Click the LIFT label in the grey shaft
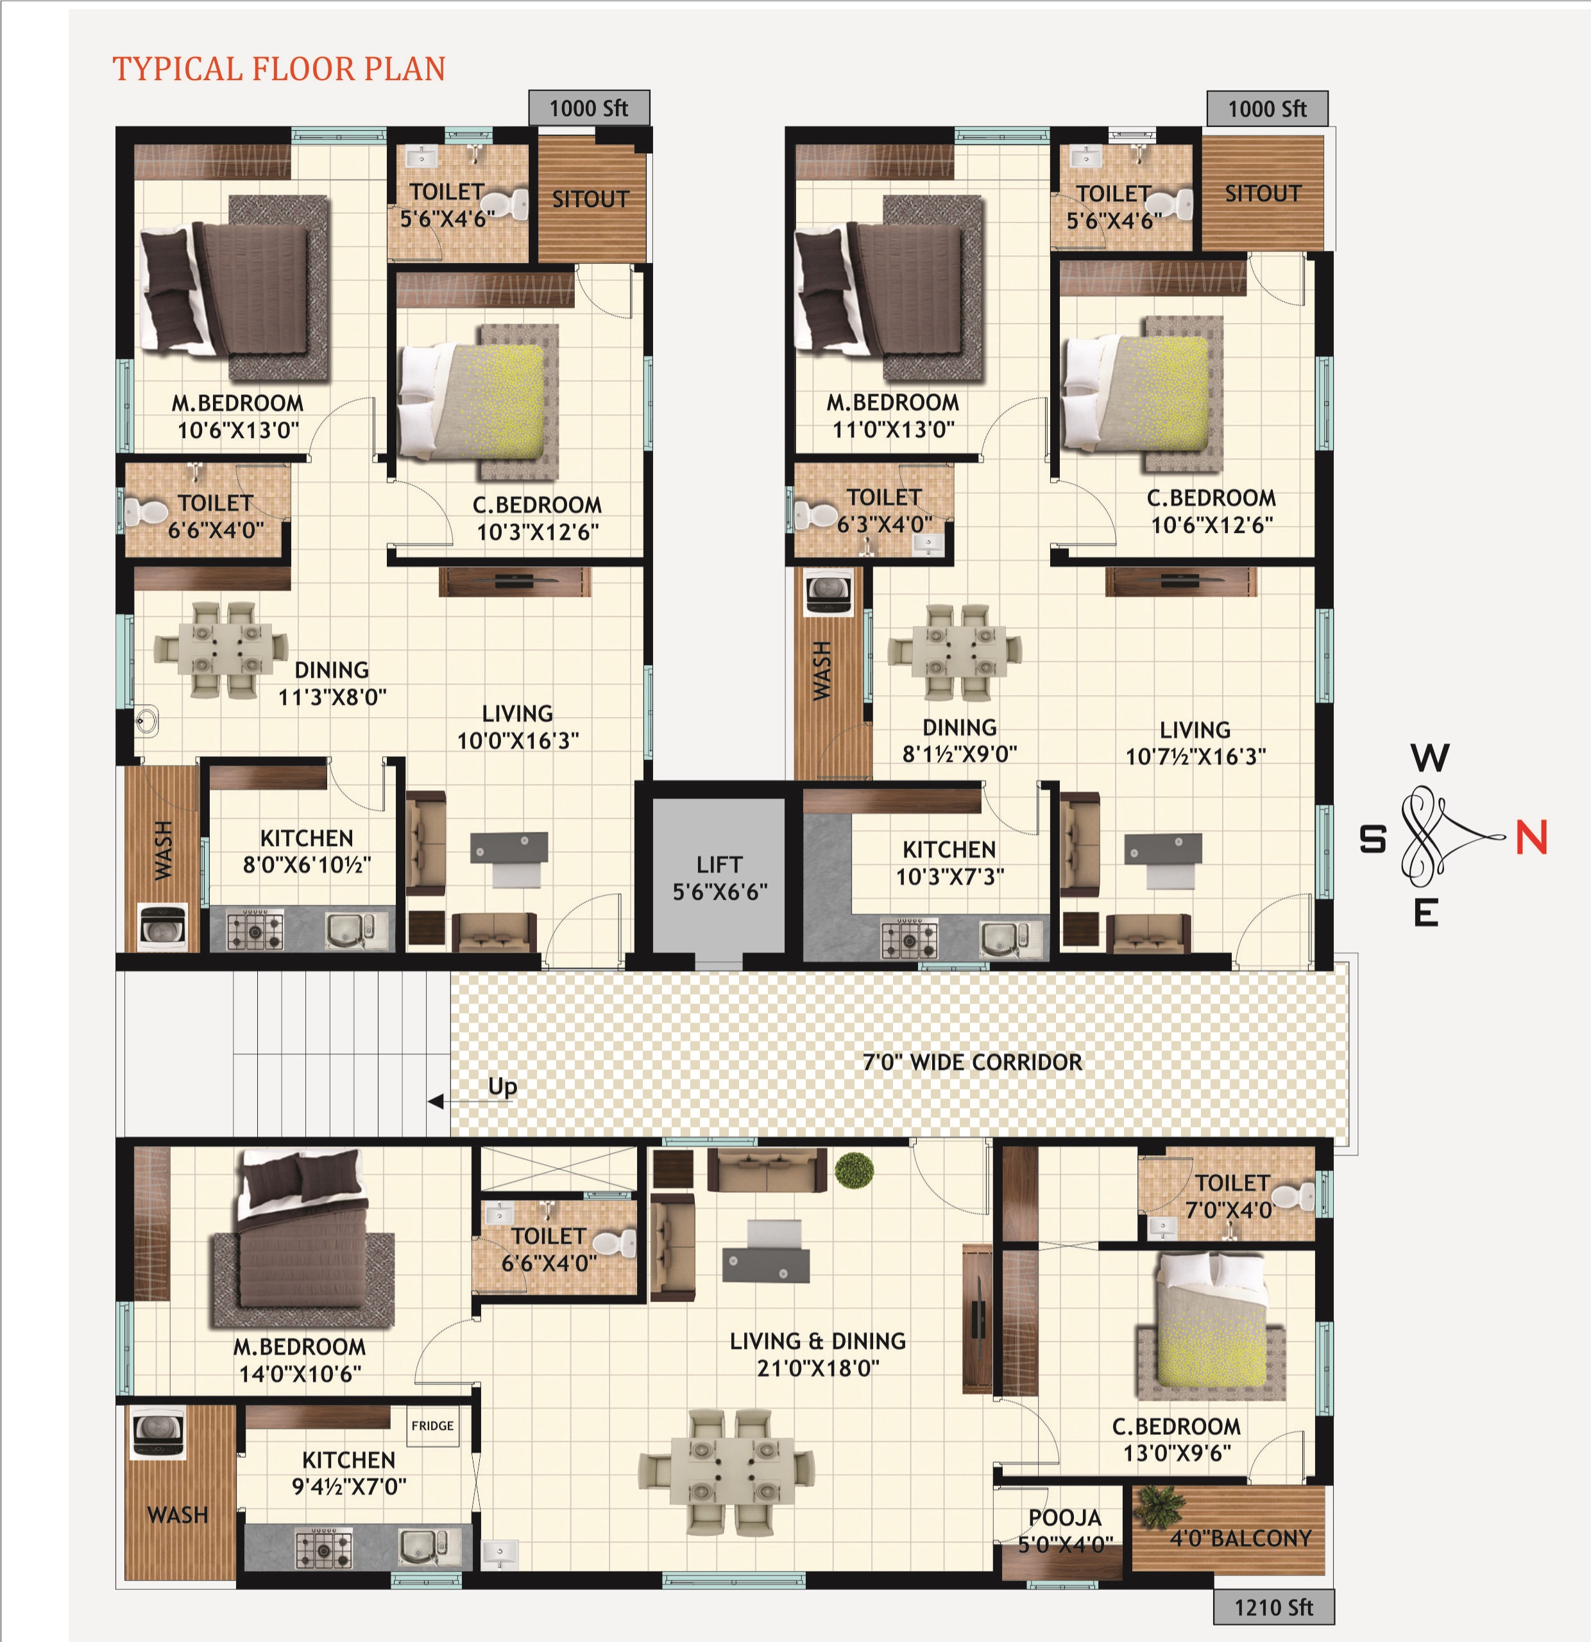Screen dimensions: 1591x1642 (x=719, y=864)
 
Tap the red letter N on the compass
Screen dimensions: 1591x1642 (x=1531, y=837)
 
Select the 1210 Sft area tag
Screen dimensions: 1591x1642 (x=1273, y=1607)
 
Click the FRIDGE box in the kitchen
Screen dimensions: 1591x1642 (x=432, y=1425)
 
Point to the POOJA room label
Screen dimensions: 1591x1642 (x=1065, y=1517)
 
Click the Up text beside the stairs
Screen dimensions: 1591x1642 (x=503, y=1087)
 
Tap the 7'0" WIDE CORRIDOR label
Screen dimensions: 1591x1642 (x=972, y=1062)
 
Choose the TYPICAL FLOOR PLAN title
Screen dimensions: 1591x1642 (x=279, y=69)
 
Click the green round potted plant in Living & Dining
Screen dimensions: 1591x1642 (x=854, y=1169)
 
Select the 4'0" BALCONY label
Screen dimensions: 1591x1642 (x=1240, y=1538)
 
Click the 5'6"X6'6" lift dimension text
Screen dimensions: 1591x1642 (x=720, y=892)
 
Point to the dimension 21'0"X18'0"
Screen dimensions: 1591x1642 (x=818, y=1368)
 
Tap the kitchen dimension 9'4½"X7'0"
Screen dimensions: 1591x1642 (x=348, y=1486)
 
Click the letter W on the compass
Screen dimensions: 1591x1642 (x=1429, y=758)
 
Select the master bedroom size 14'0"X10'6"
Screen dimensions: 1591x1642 (x=300, y=1373)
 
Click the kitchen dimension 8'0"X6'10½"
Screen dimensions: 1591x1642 (x=307, y=865)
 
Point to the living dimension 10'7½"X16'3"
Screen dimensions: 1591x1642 (x=1195, y=756)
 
